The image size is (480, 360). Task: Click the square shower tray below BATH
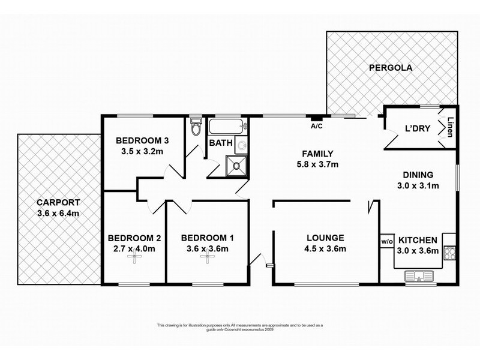point(236,166)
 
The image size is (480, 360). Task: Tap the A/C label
point(316,127)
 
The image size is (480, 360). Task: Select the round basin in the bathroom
point(241,145)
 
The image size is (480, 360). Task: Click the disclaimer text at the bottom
point(240,327)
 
